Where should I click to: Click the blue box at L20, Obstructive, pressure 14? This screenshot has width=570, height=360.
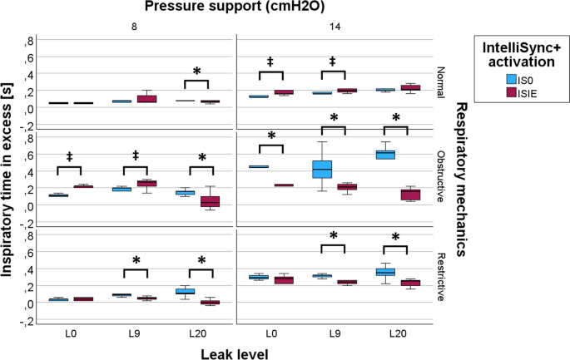(385, 154)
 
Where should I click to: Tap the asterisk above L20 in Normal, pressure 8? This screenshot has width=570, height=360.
(196, 72)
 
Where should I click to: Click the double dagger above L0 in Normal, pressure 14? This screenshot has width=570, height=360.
(270, 62)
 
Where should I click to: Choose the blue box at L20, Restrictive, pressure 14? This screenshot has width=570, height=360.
(385, 272)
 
